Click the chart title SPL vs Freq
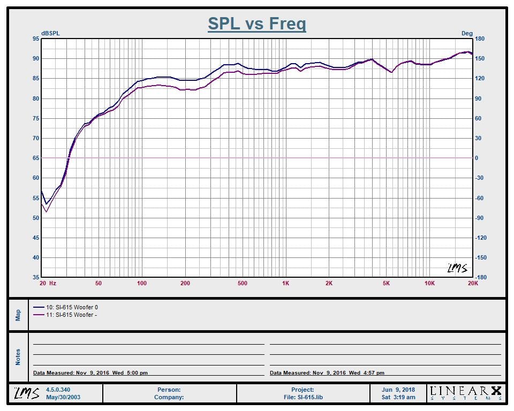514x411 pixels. click(257, 24)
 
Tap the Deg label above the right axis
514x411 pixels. click(467, 33)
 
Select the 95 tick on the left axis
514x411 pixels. click(36, 39)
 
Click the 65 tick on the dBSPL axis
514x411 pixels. click(36, 158)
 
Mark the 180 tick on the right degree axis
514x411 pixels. click(480, 39)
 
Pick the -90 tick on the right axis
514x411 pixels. click(480, 218)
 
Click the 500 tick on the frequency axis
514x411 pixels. click(242, 283)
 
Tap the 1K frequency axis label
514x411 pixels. click(285, 283)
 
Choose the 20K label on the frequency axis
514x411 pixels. click(473, 283)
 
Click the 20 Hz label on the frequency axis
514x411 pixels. click(48, 283)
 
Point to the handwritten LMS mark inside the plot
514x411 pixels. click(457, 268)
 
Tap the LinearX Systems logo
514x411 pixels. click(466, 393)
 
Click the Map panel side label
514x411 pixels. click(18, 315)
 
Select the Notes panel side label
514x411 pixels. click(18, 357)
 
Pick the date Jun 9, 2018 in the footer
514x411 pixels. click(399, 390)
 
